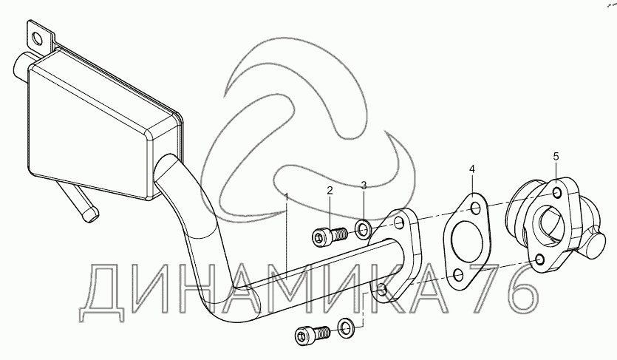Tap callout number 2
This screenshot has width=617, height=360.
pos(330,191)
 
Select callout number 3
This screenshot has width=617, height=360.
pos(364,184)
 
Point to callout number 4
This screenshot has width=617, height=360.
pos(471,169)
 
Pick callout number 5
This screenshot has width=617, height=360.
pos(556,157)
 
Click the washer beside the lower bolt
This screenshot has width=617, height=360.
pos(346,327)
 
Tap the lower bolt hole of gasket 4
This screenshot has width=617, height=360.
pos(458,276)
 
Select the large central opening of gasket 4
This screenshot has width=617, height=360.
pos(467,242)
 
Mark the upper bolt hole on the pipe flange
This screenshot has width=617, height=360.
pos(399,223)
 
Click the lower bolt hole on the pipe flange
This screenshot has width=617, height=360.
pos(381,289)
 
